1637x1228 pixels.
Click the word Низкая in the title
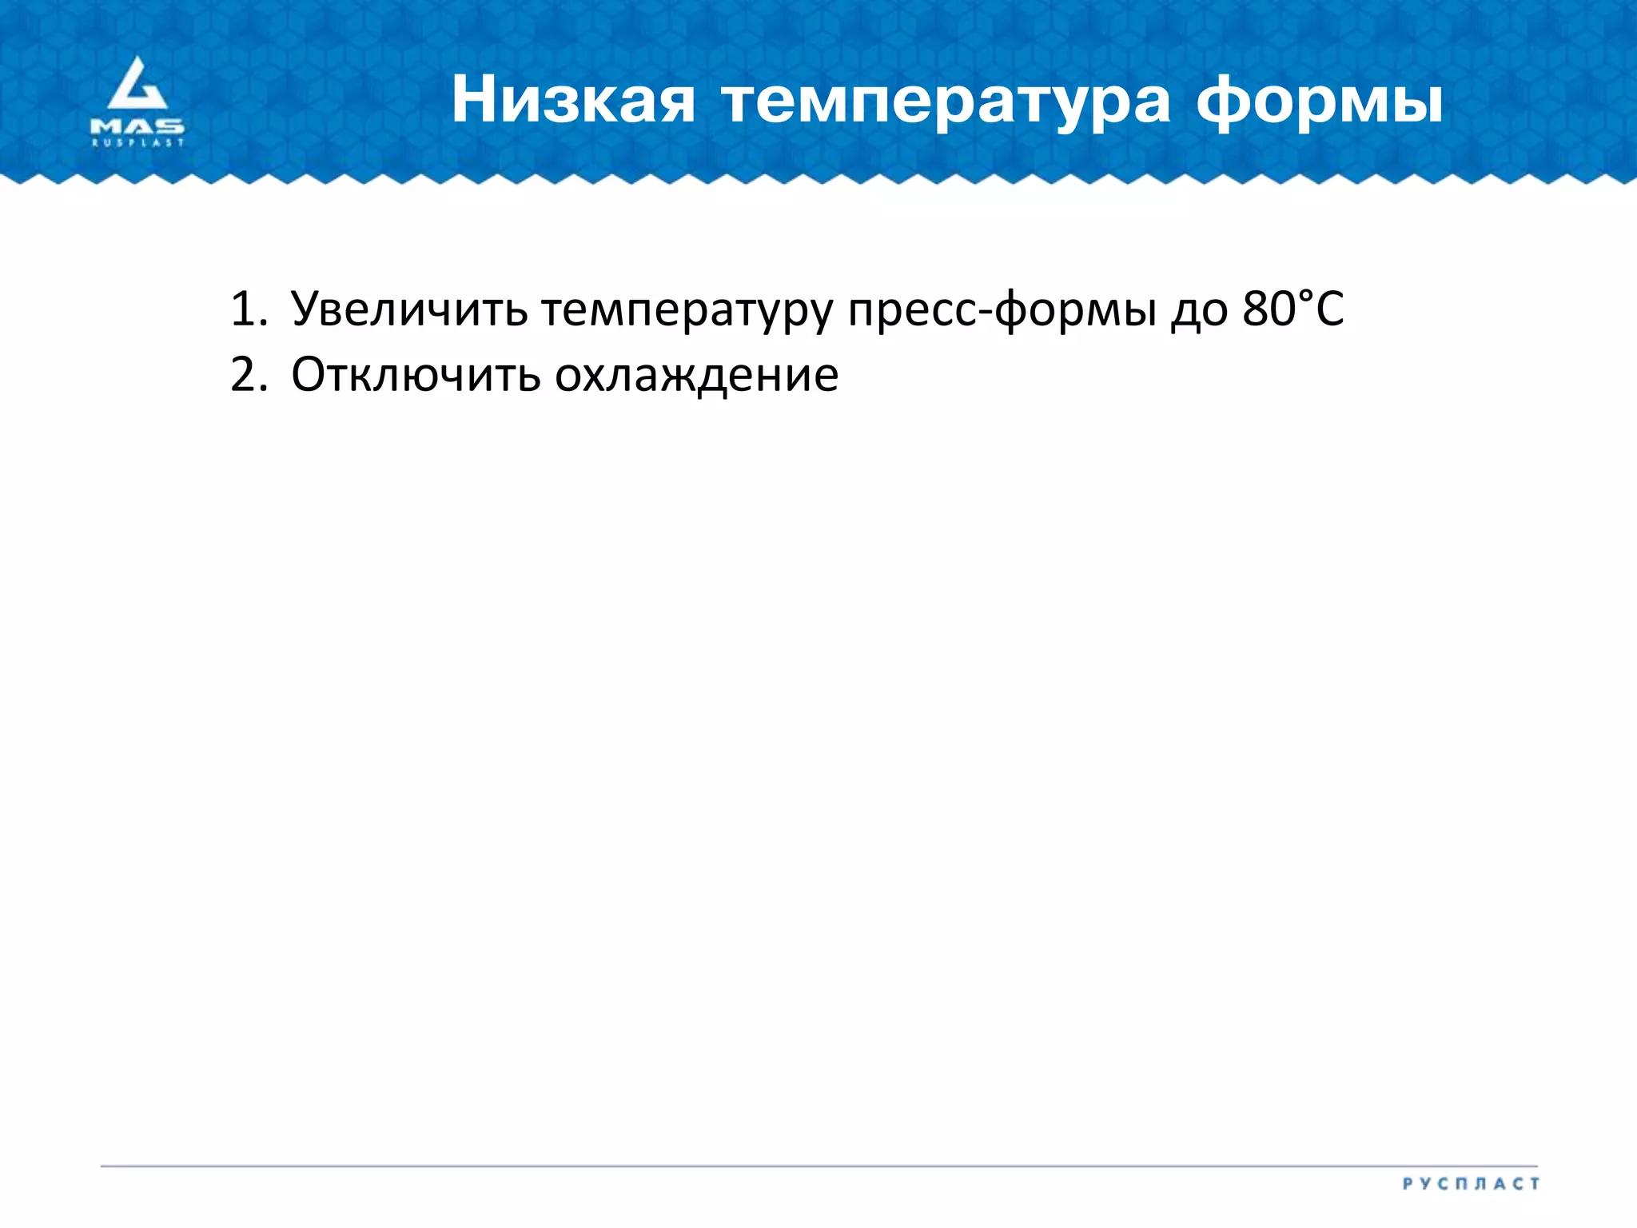coord(572,101)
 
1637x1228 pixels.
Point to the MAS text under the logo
coord(137,126)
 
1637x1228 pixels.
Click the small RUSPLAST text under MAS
coord(137,143)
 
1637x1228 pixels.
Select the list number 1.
coord(246,309)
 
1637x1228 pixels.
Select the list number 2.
coord(246,374)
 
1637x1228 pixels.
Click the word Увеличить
coord(409,310)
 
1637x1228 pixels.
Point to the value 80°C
coord(1293,309)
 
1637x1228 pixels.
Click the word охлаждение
coord(696,376)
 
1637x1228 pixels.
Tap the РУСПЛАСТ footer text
coord(1471,1183)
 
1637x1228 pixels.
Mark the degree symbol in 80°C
coord(1305,295)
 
